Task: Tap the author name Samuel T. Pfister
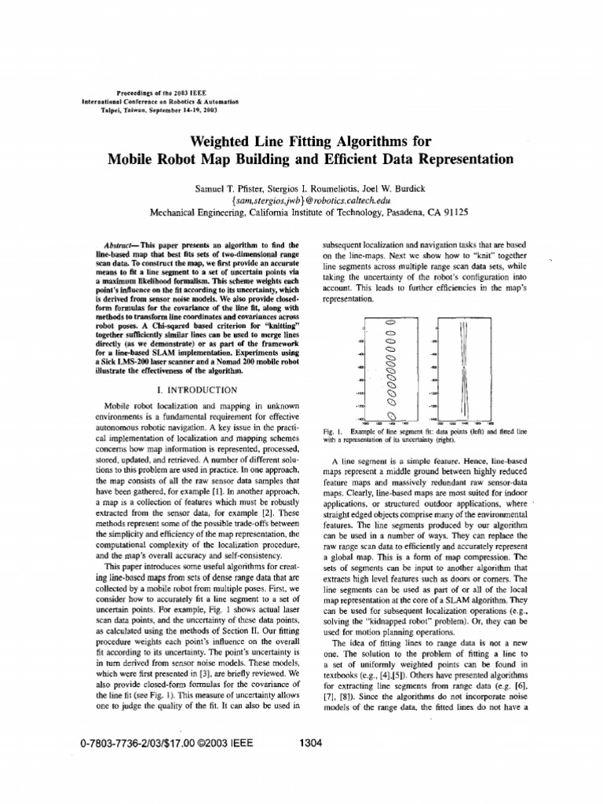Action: tap(228, 190)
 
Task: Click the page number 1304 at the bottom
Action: tap(312, 742)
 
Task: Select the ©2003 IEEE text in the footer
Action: tap(227, 742)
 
